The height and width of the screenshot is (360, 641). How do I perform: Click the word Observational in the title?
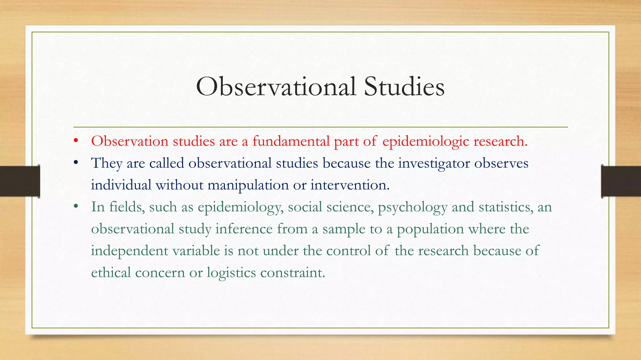(276, 87)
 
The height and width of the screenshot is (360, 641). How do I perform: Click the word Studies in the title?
(404, 87)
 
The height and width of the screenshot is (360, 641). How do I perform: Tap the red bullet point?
(75, 141)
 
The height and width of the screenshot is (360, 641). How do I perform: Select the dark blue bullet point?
(75, 163)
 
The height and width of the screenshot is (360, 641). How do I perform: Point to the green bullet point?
(75, 207)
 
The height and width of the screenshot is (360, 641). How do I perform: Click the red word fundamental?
(291, 141)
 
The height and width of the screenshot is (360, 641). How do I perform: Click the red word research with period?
(500, 141)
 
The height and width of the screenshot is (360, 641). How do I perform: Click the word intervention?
(350, 185)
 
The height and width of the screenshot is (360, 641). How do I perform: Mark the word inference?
(244, 229)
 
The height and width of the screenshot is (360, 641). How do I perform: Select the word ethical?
(111, 272)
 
